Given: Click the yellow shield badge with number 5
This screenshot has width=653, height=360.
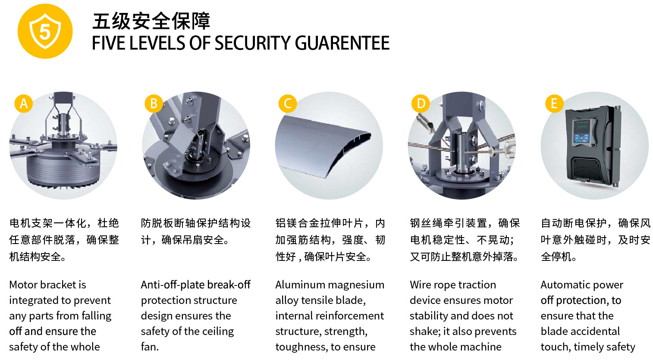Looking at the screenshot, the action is [45, 31].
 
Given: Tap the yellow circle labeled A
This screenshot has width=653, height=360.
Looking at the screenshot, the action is [24, 103].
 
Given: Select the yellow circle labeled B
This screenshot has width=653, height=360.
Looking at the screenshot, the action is [154, 103].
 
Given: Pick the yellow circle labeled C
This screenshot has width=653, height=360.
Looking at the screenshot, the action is [287, 103].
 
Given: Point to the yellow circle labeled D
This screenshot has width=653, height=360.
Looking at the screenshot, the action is [421, 103].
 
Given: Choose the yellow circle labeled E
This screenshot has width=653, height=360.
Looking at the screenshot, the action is [554, 103].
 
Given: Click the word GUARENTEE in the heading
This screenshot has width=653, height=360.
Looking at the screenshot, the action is [342, 43].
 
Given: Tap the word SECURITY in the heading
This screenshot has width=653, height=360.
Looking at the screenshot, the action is [252, 43].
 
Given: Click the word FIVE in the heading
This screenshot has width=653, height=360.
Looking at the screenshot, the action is [108, 43].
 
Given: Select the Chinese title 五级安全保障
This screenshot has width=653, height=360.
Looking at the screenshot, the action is [151, 21].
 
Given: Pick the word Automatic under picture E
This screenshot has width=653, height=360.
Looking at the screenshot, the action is [563, 285].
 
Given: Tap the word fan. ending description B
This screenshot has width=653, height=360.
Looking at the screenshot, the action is [150, 347].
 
